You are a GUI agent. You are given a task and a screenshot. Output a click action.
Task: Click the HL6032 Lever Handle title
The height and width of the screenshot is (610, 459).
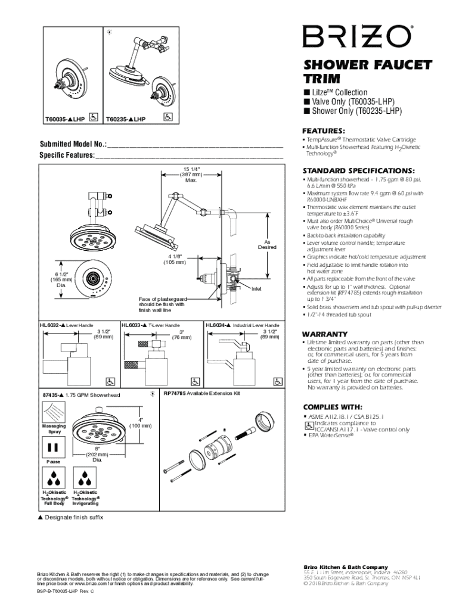point(67,325)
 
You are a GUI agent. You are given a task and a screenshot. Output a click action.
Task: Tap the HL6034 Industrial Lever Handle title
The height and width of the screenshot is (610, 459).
point(242,325)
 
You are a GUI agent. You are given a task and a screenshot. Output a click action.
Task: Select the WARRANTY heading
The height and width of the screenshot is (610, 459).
point(325,334)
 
